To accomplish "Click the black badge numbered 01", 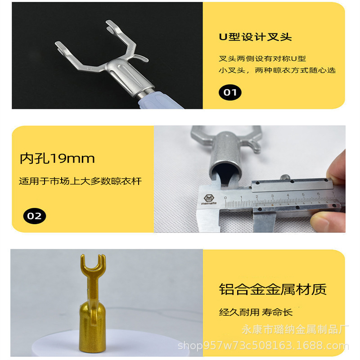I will pyautogui.click(x=230, y=93).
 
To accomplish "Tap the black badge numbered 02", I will pyautogui.click(x=34, y=216).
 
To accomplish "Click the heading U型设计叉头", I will pyautogui.click(x=255, y=37).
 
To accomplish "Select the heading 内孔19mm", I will pyautogui.click(x=57, y=158).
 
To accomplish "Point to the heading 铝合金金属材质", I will pyautogui.click(x=273, y=289).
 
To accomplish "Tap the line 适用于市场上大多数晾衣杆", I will pyautogui.click(x=80, y=181).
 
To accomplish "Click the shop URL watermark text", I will pyautogui.click(x=263, y=346).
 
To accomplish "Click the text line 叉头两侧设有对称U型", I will pyautogui.click(x=262, y=58).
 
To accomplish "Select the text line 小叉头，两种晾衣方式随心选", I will pyautogui.click(x=277, y=70).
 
